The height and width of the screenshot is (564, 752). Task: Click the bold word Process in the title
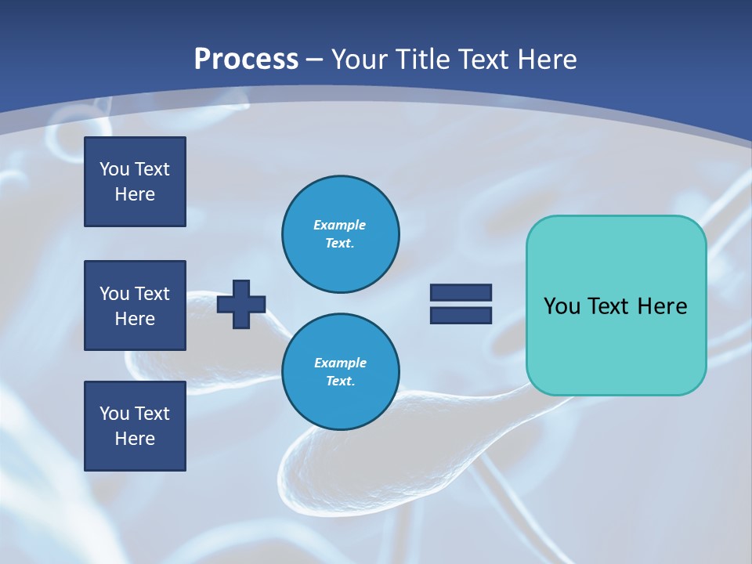click(246, 60)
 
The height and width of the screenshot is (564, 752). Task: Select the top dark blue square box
click(135, 182)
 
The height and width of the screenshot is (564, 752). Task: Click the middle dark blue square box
click(135, 305)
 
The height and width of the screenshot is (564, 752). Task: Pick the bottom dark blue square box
click(135, 425)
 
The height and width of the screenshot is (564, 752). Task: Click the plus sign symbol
click(241, 304)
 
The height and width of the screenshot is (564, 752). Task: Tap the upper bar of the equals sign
click(461, 292)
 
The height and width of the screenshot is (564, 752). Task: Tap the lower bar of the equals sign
click(461, 315)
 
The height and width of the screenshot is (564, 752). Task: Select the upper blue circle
click(341, 233)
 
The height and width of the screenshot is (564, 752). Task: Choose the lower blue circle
click(341, 371)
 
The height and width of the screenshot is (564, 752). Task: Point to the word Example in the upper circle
click(340, 225)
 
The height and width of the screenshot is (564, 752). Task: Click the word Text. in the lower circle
click(340, 381)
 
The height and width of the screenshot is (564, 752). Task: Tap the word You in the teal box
click(562, 306)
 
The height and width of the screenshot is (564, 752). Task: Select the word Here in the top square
click(135, 194)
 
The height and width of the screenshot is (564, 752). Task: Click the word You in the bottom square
click(114, 414)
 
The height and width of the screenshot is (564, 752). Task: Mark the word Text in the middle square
click(152, 294)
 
